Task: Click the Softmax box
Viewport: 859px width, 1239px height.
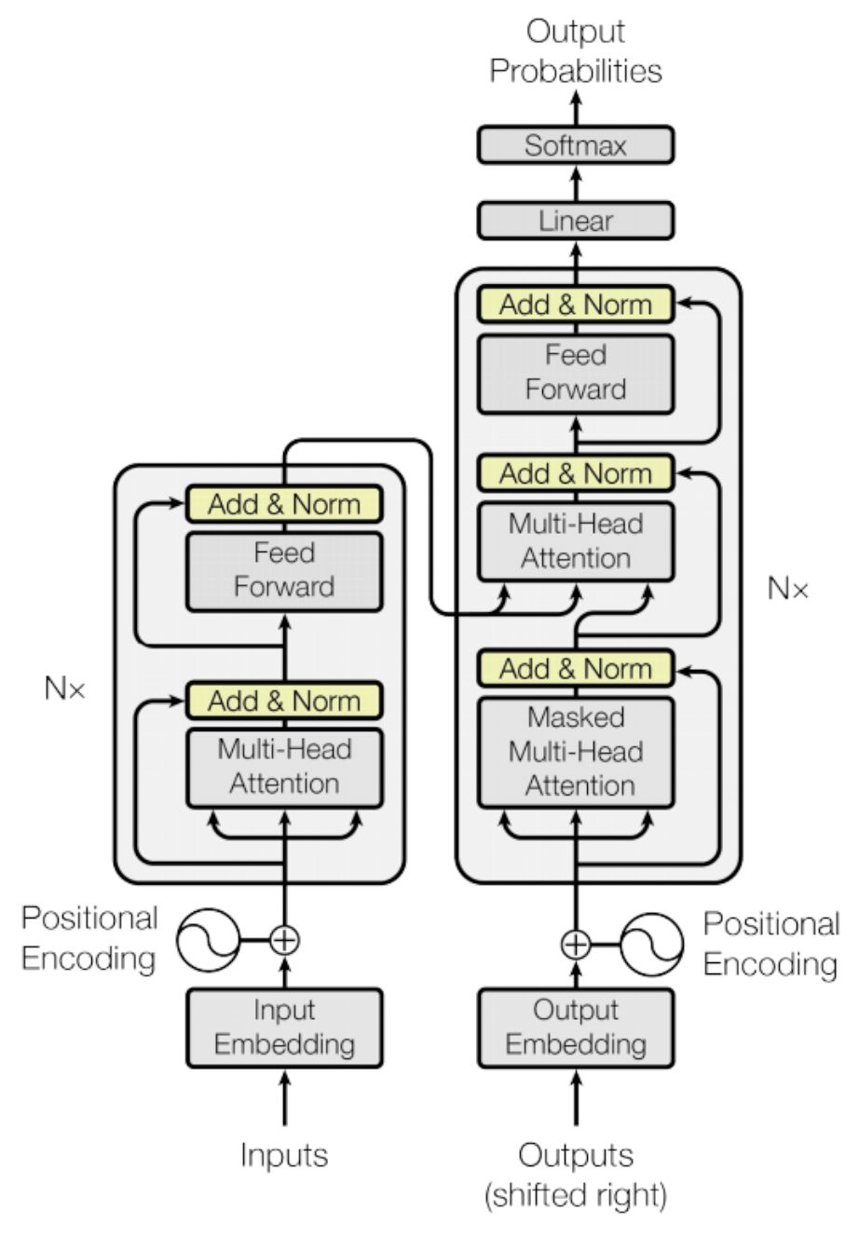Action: click(x=575, y=145)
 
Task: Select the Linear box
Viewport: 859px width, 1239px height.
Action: click(x=575, y=221)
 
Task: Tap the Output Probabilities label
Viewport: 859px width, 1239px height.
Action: click(x=575, y=51)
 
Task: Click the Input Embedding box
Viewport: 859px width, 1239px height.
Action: click(x=285, y=1027)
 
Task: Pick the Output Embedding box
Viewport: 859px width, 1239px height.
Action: click(x=575, y=1027)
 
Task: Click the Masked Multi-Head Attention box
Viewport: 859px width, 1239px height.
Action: click(x=575, y=752)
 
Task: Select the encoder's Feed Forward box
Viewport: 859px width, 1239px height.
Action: click(x=285, y=570)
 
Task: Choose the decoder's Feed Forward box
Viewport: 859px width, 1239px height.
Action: click(x=575, y=373)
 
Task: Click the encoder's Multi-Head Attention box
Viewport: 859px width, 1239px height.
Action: click(x=285, y=767)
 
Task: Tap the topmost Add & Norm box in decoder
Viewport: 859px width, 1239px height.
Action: click(x=575, y=305)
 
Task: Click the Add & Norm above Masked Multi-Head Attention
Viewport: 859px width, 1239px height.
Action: click(x=575, y=668)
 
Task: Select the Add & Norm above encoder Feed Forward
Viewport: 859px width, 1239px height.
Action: click(x=285, y=504)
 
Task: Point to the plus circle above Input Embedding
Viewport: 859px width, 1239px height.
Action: click(x=285, y=940)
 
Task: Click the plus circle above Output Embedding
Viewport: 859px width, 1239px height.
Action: click(x=576, y=944)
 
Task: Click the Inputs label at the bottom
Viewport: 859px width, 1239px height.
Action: click(x=285, y=1155)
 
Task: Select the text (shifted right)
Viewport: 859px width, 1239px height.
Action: click(x=575, y=1194)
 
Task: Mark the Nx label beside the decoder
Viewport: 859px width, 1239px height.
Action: click(x=788, y=589)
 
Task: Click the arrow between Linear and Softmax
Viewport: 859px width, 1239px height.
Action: click(x=575, y=183)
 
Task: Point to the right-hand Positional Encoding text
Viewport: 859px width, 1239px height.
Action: click(x=770, y=944)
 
